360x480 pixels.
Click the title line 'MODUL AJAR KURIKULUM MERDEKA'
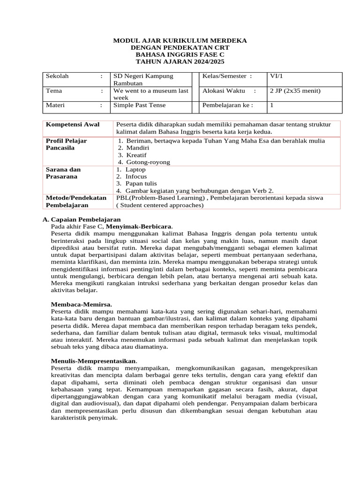(x=180, y=41)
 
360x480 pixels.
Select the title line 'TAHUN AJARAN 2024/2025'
(x=180, y=61)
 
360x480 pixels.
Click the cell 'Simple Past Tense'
(x=140, y=105)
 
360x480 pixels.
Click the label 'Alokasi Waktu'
(x=220, y=91)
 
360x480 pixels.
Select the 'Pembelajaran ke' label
(x=225, y=105)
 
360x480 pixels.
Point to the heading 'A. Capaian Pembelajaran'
(x=82, y=219)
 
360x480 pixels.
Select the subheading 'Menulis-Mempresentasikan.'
(x=94, y=361)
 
